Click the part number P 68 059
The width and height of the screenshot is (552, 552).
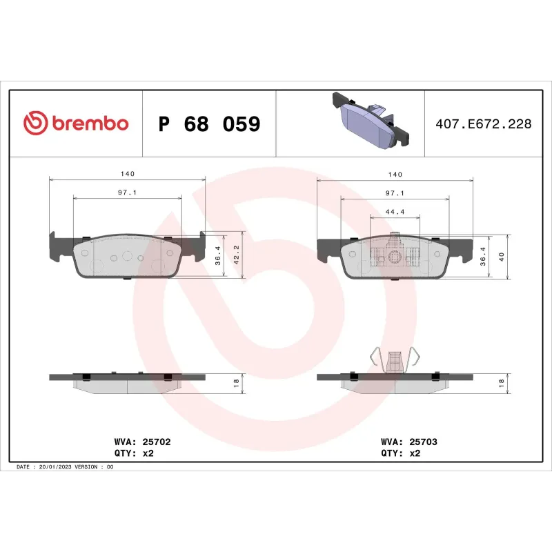[x=209, y=124]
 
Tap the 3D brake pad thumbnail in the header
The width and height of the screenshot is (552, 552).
[x=371, y=122]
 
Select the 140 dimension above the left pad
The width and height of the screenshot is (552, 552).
[x=127, y=173]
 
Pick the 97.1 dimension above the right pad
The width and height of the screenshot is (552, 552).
[x=394, y=194]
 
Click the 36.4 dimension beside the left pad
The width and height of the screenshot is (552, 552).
[x=218, y=255]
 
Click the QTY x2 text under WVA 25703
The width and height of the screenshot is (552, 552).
[x=401, y=453]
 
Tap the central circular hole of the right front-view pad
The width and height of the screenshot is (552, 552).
[x=394, y=258]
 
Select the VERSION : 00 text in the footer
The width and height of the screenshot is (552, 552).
[x=97, y=467]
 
